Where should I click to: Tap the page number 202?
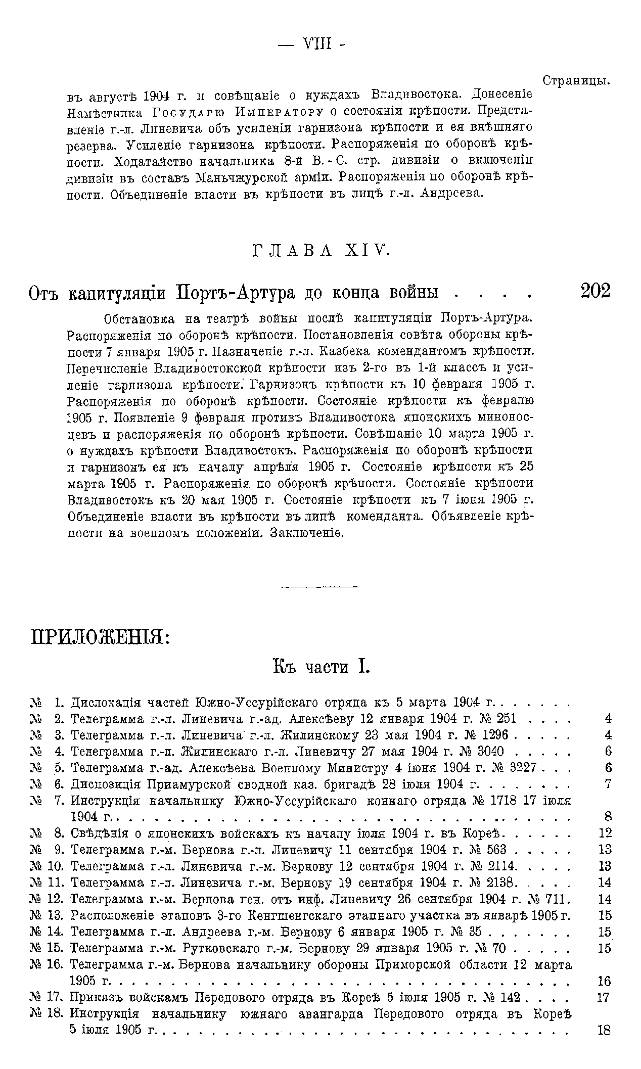pos(595,291)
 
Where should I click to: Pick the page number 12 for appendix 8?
pos(605,833)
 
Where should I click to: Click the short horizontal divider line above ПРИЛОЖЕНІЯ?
pos(319,587)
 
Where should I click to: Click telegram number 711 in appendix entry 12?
pos(559,899)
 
